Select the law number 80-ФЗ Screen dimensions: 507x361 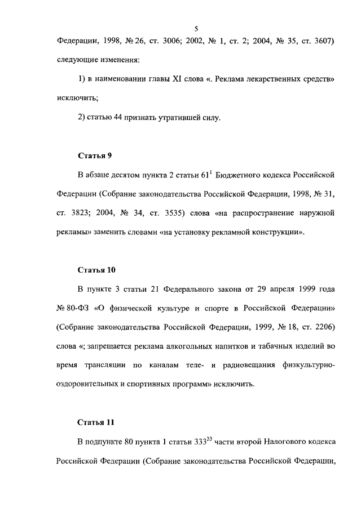point(74,309)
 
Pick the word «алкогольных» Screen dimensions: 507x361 point(182,347)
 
